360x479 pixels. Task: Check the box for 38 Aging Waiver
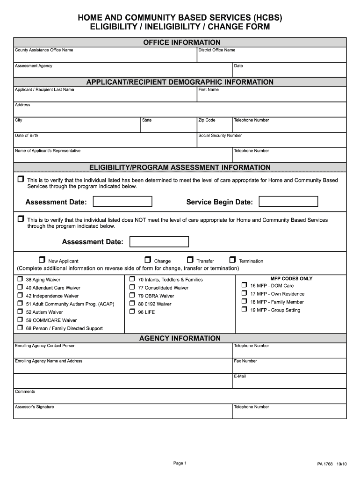click(x=20, y=279)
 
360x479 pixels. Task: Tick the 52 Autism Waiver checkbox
click(x=20, y=312)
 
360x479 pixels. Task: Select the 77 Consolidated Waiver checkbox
click(x=132, y=287)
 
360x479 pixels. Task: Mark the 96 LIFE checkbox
click(x=132, y=312)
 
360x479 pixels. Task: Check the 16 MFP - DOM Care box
click(x=244, y=285)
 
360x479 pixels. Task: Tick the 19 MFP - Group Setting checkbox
click(x=244, y=309)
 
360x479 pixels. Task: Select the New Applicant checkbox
click(x=42, y=260)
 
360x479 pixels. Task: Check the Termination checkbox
click(x=232, y=260)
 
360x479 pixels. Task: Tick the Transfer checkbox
click(x=190, y=260)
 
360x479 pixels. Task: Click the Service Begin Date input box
click(x=288, y=202)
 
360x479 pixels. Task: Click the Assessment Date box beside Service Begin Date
click(x=122, y=202)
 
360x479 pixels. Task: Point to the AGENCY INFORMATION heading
click(x=180, y=338)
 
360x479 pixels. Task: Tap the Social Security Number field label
click(x=220, y=136)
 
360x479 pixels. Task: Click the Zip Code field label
click(x=207, y=120)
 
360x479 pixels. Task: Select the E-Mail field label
click(x=240, y=376)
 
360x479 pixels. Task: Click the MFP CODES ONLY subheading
click(x=291, y=279)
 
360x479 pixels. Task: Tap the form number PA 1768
click(x=325, y=464)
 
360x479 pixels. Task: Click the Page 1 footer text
click(x=180, y=463)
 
